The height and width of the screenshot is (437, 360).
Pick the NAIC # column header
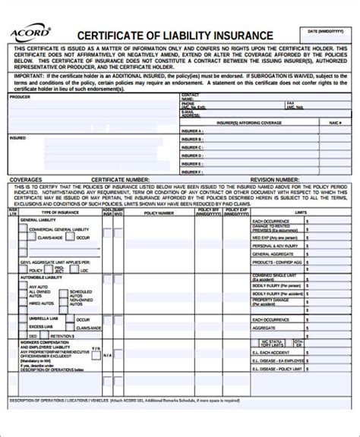pyautogui.click(x=333, y=121)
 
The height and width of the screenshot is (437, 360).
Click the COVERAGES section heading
pyautogui.click(x=27, y=180)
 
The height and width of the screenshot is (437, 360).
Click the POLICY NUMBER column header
pyautogui.click(x=159, y=213)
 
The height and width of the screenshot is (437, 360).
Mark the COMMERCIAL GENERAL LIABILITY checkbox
pyautogui.click(x=26, y=228)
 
